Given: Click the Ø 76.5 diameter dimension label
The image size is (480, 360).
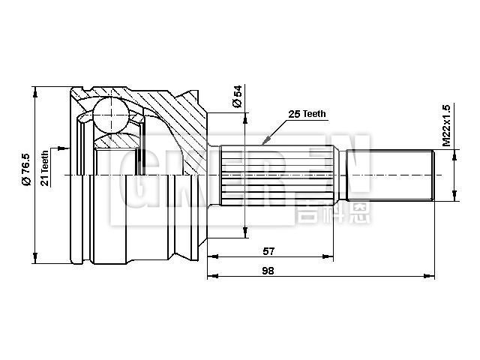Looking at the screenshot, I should pos(25,169).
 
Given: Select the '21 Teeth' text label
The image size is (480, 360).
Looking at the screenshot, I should pos(45,168).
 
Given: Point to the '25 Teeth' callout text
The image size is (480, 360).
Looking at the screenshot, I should pos(307,113).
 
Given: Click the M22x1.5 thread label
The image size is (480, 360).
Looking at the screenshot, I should pos(446,124).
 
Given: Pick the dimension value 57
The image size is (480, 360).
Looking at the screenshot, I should pos(268,250).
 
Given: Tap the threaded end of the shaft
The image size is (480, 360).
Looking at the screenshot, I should pos(390,175).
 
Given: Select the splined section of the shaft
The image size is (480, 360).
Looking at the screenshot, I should pos(277,175).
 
